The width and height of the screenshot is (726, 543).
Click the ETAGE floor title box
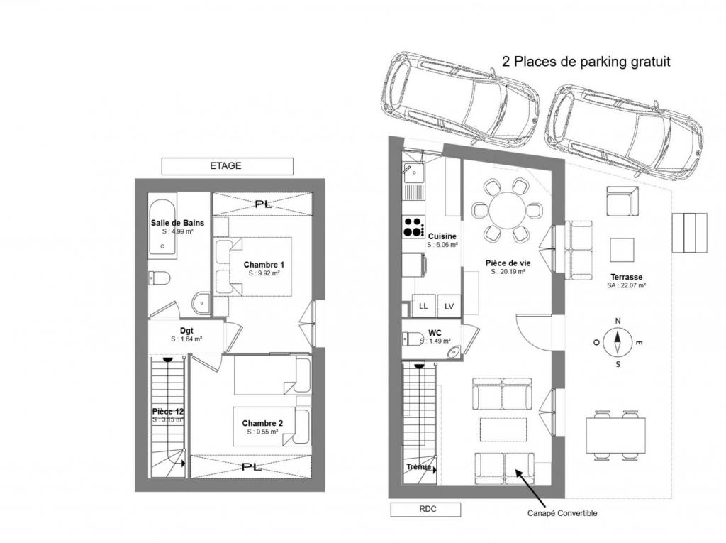pyautogui.click(x=227, y=166)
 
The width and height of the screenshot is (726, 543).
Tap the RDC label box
pyautogui.click(x=425, y=509)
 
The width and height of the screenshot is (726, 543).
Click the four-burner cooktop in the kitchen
pyautogui.click(x=413, y=228)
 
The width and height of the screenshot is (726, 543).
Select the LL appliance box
pyautogui.click(x=423, y=306)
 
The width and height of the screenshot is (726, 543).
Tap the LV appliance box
pyautogui.click(x=449, y=306)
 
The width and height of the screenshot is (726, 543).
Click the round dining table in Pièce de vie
pyautogui.click(x=507, y=211)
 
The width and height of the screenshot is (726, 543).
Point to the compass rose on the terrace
pyautogui.click(x=618, y=343)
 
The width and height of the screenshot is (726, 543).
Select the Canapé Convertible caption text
pyautogui.click(x=562, y=513)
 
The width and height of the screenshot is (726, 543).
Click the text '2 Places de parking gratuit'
pyautogui.click(x=586, y=62)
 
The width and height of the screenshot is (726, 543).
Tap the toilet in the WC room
pyautogui.click(x=412, y=338)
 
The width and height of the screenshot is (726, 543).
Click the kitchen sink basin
pyautogui.click(x=413, y=173)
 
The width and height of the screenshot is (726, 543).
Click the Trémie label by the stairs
pyautogui.click(x=419, y=467)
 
